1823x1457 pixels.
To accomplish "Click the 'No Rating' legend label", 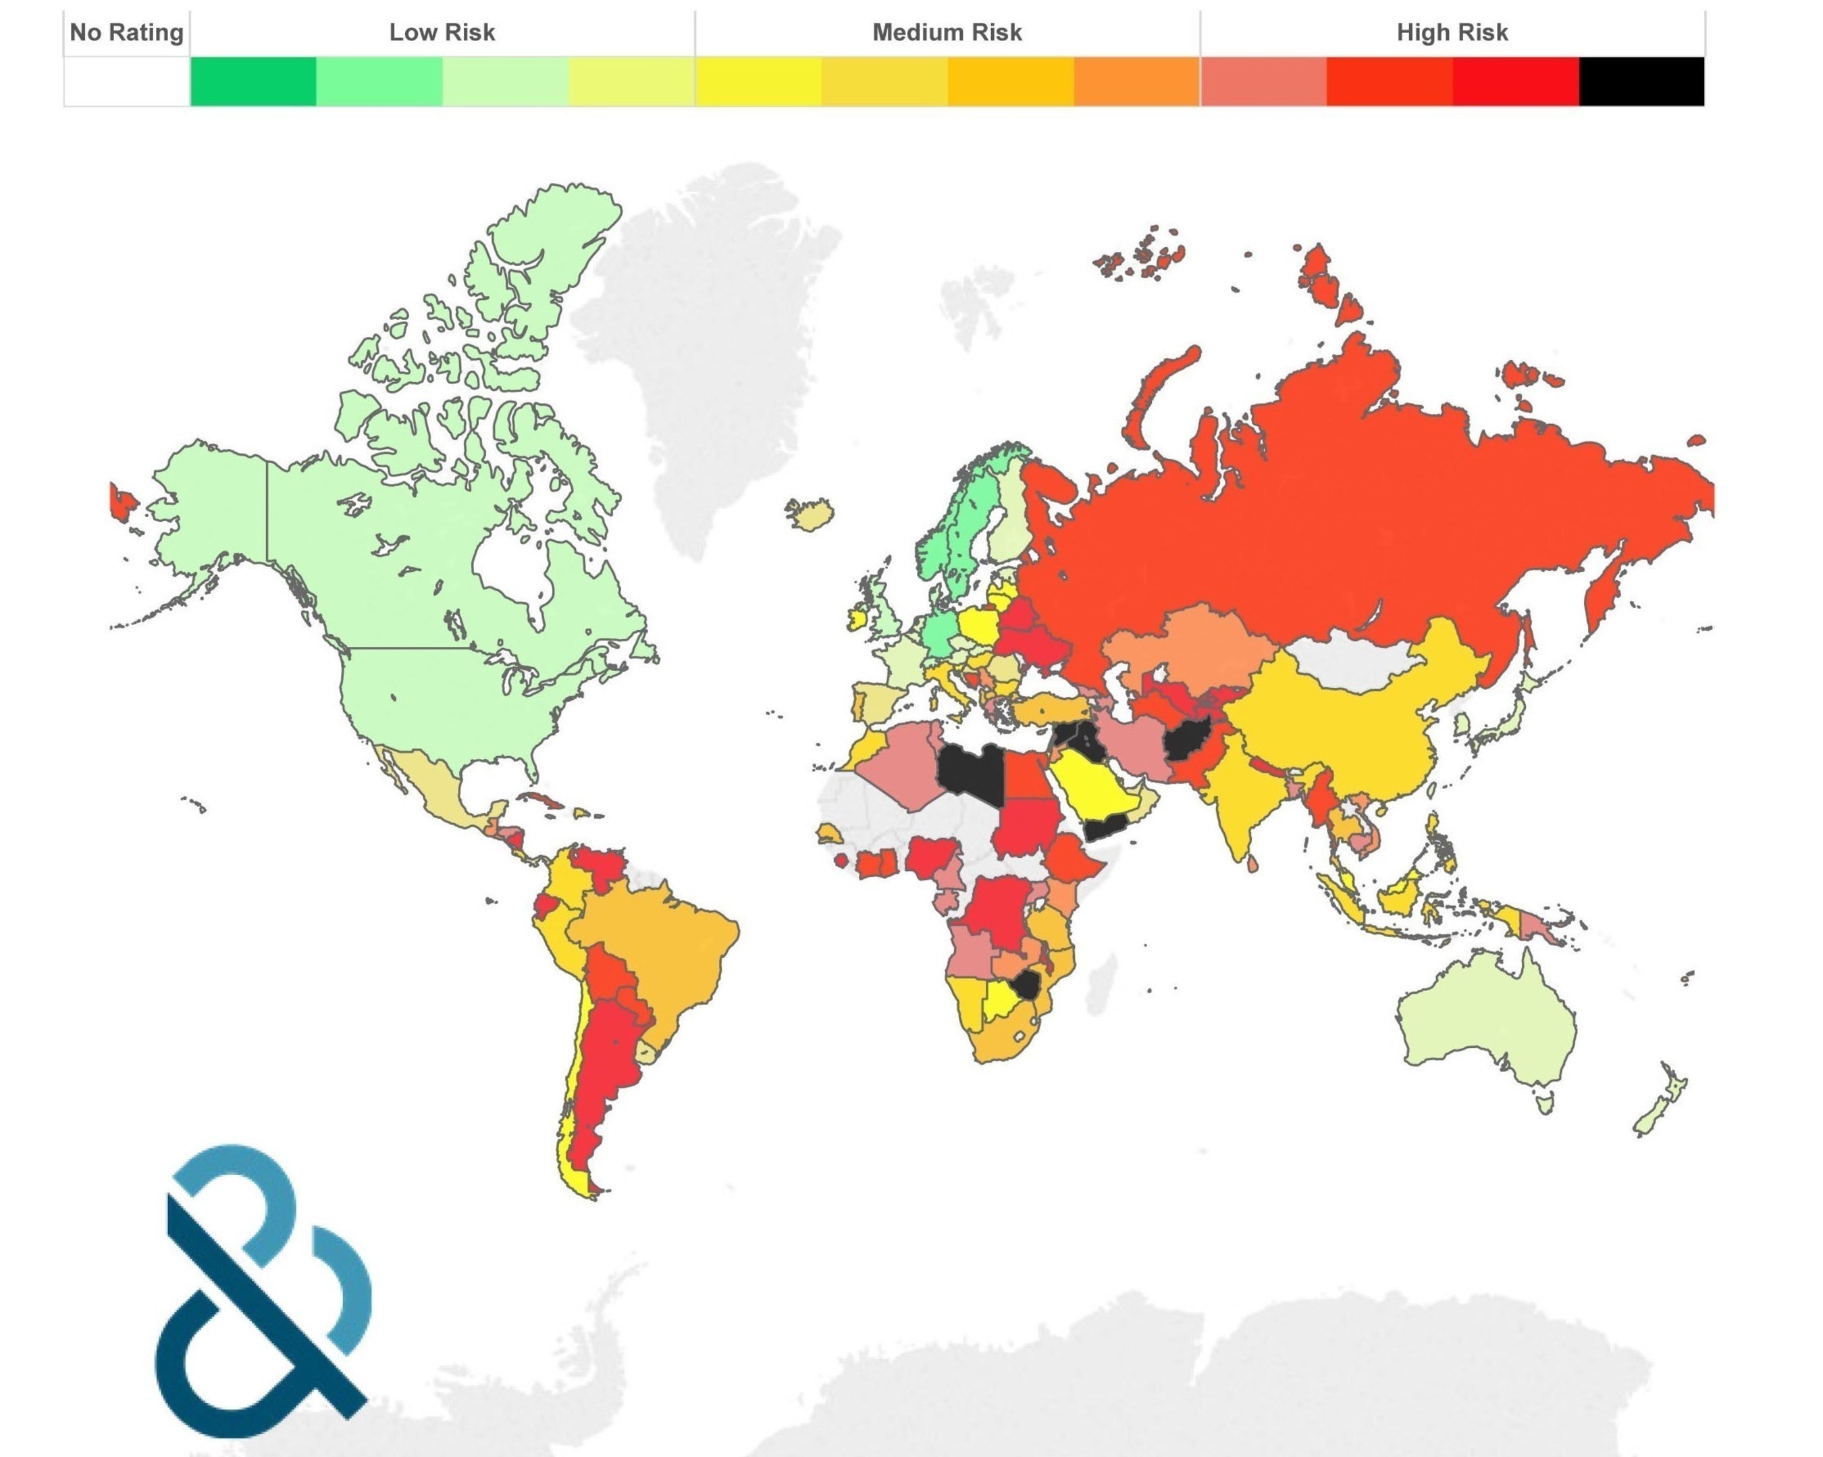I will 126,32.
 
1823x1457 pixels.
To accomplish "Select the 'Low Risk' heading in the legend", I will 442,32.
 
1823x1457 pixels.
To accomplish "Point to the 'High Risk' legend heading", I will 1451,32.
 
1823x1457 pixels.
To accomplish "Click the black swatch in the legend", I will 1640,81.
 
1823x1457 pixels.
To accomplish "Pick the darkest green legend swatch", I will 253,81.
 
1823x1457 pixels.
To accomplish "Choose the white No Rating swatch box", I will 126,81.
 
